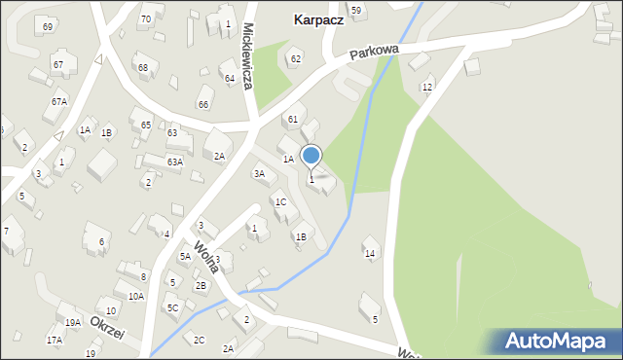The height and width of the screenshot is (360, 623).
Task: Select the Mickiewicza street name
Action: pyautogui.click(x=249, y=56)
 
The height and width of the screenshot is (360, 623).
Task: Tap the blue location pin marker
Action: pyautogui.click(x=311, y=156)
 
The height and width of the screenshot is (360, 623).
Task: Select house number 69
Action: pyautogui.click(x=48, y=26)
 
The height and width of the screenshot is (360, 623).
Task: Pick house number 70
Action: pyautogui.click(x=145, y=18)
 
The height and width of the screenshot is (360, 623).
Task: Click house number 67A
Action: pyautogui.click(x=59, y=101)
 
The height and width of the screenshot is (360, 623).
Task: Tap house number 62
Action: pyautogui.click(x=296, y=59)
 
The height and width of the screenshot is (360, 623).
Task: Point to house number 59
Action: pyautogui.click(x=356, y=10)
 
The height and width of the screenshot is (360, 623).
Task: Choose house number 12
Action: pyautogui.click(x=426, y=88)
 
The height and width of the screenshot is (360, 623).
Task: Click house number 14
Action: pyautogui.click(x=370, y=254)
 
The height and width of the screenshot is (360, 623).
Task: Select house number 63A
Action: pyautogui.click(x=174, y=162)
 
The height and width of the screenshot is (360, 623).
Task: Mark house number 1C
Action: pyautogui.click(x=280, y=202)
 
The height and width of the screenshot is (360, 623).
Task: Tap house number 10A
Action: pyautogui.click(x=135, y=296)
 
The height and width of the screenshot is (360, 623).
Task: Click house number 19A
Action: pyautogui.click(x=73, y=322)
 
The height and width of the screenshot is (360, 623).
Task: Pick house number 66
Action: pyautogui.click(x=203, y=104)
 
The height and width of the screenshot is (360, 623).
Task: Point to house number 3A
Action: pyautogui.click(x=259, y=173)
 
